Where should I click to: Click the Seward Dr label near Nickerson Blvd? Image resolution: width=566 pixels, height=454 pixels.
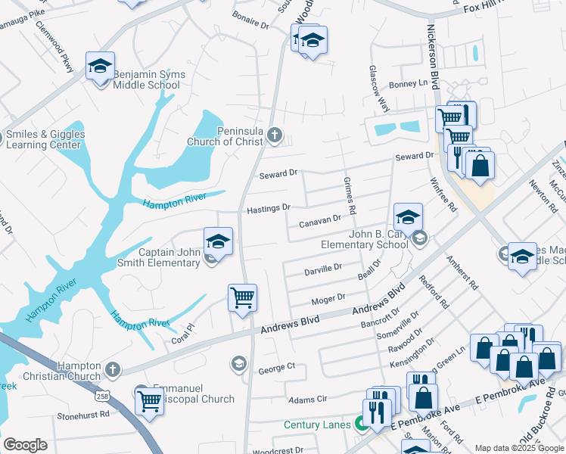(x=415, y=156)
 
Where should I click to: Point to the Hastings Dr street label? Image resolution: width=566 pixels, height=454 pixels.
(x=269, y=208)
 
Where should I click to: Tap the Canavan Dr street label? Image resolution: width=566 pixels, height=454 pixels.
(x=320, y=221)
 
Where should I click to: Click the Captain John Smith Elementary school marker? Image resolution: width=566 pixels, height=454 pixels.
(x=218, y=242)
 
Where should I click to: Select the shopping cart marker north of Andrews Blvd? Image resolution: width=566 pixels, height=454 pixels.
(x=242, y=298)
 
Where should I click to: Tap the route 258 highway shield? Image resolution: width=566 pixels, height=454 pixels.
(x=101, y=396)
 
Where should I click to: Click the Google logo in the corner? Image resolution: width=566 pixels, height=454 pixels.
(x=25, y=445)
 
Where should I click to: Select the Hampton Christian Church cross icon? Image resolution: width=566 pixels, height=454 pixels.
(x=113, y=369)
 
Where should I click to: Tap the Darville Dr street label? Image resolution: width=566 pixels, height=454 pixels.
(x=323, y=268)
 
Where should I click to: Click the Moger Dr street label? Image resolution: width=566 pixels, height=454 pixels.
(x=329, y=298)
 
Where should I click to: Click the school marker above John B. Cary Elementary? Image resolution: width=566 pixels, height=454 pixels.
(x=408, y=218)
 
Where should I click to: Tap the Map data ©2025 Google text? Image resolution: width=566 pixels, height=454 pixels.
(x=519, y=448)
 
